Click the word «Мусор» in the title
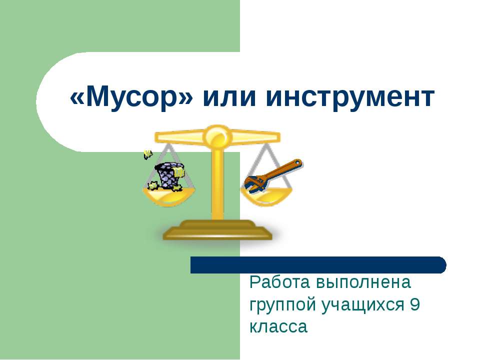pos(132,97)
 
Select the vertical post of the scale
pos(217,185)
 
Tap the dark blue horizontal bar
pos(318,264)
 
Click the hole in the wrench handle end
pos(297,162)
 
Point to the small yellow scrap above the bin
pos(147,154)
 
